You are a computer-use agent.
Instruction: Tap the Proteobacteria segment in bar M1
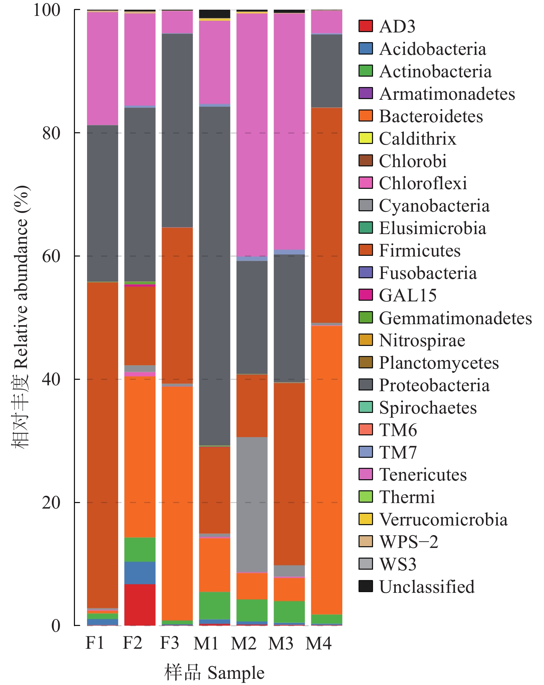pos(214,276)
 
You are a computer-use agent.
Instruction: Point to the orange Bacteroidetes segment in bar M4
pos(326,470)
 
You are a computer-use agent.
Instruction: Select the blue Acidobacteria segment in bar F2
pos(140,573)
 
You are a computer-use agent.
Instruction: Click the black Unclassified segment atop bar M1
pos(214,13)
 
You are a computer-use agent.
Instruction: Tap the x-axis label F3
pos(170,643)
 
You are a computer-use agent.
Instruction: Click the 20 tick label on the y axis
pos(51,503)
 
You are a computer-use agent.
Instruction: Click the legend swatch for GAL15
pos(366,295)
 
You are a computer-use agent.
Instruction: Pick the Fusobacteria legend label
pos(428,273)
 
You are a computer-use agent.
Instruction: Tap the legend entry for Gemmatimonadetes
pos(455,318)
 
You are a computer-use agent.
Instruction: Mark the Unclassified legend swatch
pos(366,587)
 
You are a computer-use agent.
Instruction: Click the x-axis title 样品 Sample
pos(214,673)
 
